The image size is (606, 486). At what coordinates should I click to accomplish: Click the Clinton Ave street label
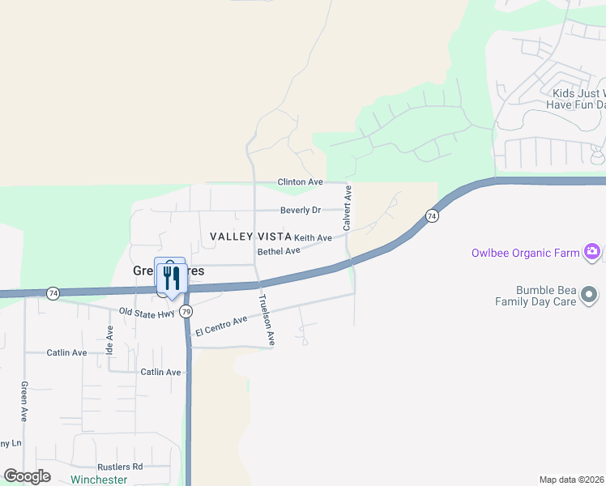301,182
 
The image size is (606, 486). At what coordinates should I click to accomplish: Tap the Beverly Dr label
301,211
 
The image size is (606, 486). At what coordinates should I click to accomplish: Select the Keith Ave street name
313,238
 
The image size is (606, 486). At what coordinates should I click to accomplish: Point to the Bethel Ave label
279,251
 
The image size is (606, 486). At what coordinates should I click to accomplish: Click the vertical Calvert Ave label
348,208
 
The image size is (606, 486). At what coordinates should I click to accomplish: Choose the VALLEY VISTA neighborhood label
250,236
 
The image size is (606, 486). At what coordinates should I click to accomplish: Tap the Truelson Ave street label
267,320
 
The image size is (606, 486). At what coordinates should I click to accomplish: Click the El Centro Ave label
221,326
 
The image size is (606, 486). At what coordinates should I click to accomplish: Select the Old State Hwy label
147,311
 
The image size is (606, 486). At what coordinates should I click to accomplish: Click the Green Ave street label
24,401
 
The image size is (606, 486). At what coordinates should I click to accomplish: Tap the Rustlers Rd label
120,467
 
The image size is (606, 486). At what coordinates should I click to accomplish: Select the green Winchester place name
99,480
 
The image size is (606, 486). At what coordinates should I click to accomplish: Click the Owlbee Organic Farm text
526,253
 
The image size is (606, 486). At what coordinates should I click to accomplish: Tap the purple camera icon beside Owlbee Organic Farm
593,253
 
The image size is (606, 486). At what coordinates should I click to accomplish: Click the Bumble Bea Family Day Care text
546,296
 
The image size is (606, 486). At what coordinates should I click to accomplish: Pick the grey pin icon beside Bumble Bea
589,293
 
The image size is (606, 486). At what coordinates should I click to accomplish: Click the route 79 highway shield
186,311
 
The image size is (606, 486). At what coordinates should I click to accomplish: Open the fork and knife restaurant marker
170,278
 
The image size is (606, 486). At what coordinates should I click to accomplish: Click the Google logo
28,476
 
